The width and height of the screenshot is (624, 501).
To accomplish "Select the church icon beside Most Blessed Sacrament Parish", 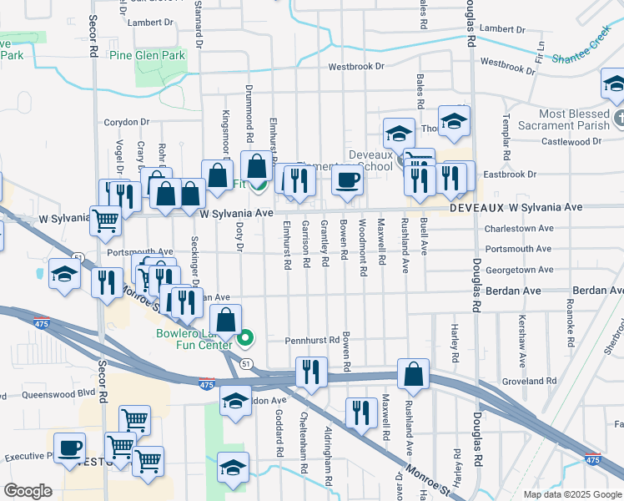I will [617, 118].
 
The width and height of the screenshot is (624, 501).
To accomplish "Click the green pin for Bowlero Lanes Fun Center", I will [245, 339].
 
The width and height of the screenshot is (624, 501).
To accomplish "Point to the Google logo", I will [28, 491].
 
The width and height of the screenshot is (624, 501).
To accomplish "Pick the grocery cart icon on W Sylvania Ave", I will [105, 221].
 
